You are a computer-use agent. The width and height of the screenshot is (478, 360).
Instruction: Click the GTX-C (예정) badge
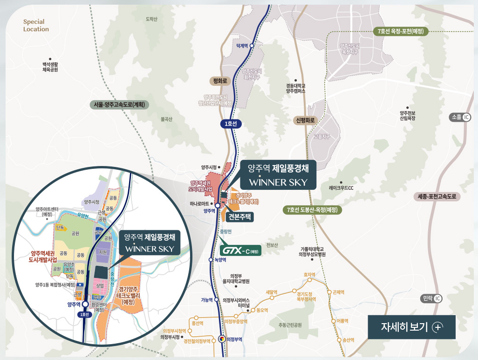(240, 250)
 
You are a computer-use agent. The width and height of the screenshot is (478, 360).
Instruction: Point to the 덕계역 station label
(241, 46)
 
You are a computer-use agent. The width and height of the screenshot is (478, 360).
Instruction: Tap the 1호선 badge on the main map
(231, 124)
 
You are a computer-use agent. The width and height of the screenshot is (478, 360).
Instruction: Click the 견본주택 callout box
(240, 216)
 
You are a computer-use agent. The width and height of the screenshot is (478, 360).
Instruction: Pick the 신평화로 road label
(306, 120)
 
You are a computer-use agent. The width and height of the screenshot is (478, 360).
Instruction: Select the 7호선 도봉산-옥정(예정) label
(312, 210)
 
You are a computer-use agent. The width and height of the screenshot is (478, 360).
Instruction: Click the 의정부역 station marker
(222, 339)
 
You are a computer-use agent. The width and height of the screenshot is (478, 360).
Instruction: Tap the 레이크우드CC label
(341, 188)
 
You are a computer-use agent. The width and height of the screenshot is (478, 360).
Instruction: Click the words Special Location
(36, 25)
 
